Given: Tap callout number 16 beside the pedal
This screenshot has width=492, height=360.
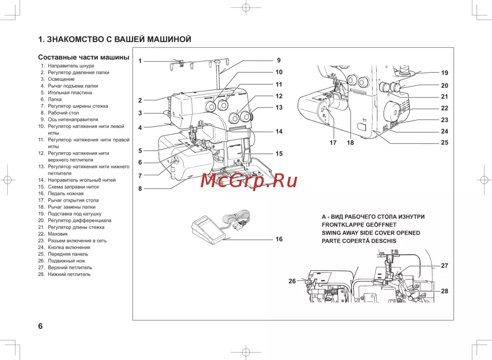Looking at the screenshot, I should pyautogui.click(x=279, y=239).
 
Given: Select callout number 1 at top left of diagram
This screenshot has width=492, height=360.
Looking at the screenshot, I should pyautogui.click(x=140, y=61).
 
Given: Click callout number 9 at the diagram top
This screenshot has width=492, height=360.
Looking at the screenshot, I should pyautogui.click(x=278, y=60).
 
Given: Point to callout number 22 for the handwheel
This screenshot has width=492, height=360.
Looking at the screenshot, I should pyautogui.click(x=444, y=108).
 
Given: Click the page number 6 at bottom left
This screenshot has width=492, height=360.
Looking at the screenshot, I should pyautogui.click(x=40, y=326).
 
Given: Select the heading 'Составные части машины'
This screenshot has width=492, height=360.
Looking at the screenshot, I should pyautogui.click(x=84, y=57).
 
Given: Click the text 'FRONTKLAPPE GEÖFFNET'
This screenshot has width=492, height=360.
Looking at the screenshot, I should pyautogui.click(x=359, y=225).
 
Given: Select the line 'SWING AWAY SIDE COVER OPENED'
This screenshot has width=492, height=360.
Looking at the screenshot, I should pyautogui.click(x=370, y=232).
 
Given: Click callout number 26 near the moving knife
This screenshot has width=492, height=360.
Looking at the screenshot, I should pyautogui.click(x=292, y=281).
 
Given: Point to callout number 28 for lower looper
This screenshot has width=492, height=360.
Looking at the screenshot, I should pyautogui.click(x=444, y=291).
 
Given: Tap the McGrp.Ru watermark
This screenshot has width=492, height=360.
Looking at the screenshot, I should pyautogui.click(x=249, y=181).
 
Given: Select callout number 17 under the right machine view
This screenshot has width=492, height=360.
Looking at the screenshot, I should pyautogui.click(x=333, y=143).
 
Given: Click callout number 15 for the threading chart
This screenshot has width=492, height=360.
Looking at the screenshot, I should pyautogui.click(x=279, y=154).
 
